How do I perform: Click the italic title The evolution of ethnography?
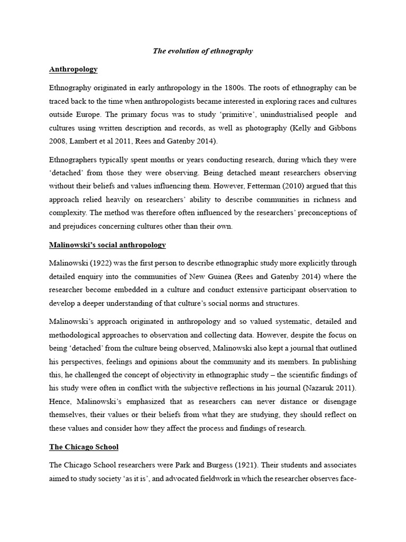click(203, 51)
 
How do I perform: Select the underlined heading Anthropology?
click(73, 69)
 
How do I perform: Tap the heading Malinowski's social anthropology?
click(107, 245)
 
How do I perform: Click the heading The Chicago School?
click(84, 447)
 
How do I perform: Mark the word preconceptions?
click(319, 213)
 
